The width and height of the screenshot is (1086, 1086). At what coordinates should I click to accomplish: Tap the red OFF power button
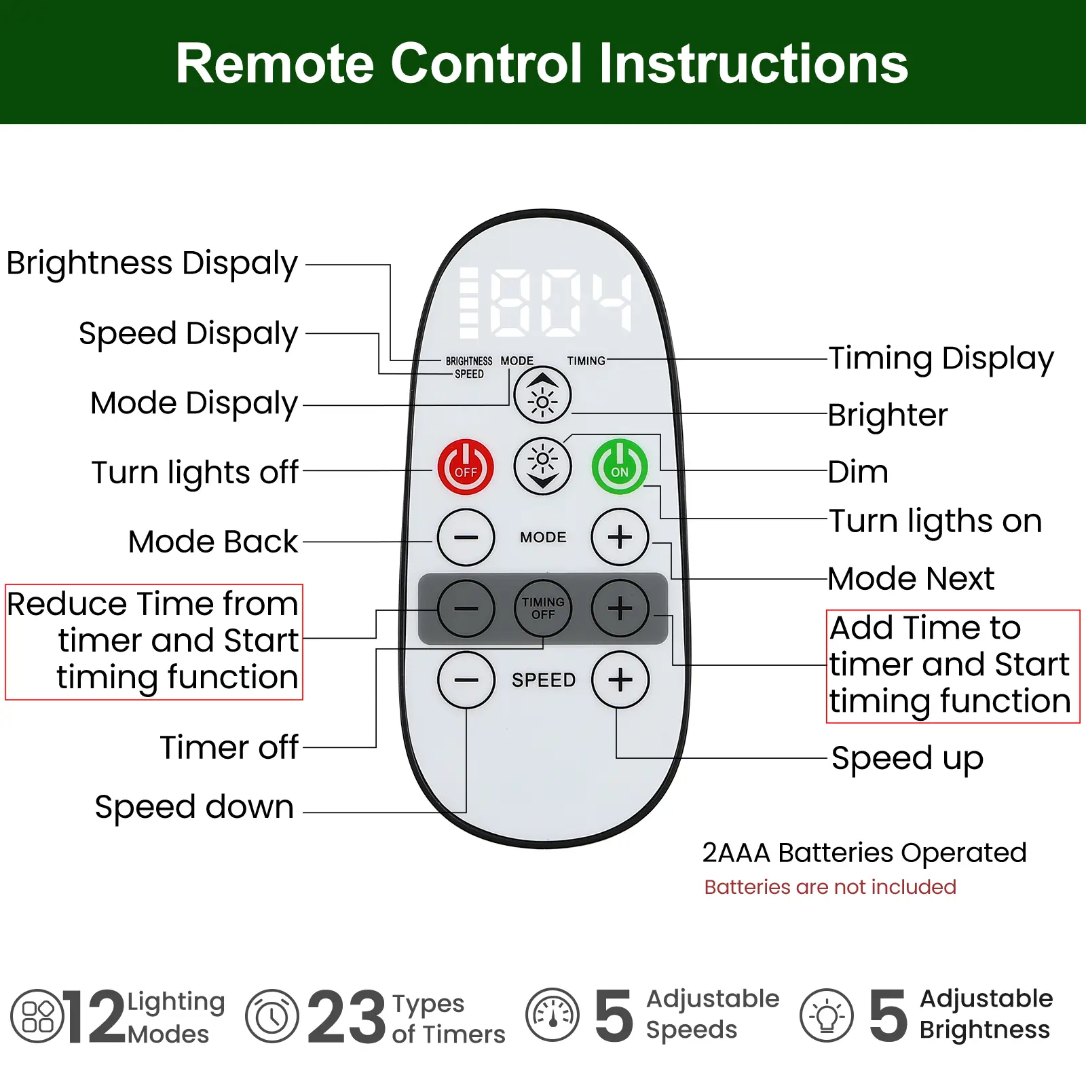click(x=466, y=467)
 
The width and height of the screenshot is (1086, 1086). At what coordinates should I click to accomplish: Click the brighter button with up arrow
click(x=542, y=396)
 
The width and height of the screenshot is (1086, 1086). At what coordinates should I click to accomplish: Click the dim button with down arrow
click(x=542, y=466)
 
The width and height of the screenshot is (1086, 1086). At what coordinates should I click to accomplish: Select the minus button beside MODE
click(x=466, y=537)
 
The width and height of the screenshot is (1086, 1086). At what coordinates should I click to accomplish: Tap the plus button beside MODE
click(x=620, y=537)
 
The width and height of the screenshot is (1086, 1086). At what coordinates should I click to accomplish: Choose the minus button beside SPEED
click(x=466, y=679)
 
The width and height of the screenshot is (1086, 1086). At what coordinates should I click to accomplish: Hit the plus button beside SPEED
click(x=620, y=679)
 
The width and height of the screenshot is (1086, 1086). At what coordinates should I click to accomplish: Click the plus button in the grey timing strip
click(x=620, y=608)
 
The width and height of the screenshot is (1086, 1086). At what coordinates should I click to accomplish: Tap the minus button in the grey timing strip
click(x=466, y=608)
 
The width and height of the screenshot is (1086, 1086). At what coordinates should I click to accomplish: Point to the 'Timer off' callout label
click(x=229, y=747)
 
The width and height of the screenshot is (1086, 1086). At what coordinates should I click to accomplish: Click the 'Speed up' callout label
click(x=907, y=758)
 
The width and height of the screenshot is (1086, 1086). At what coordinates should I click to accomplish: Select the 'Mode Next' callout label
click(x=911, y=579)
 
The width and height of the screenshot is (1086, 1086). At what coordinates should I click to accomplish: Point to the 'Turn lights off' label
click(x=195, y=472)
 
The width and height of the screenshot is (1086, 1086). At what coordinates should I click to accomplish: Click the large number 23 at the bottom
click(x=346, y=1016)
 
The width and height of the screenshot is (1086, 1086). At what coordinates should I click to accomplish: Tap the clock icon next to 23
click(x=272, y=1016)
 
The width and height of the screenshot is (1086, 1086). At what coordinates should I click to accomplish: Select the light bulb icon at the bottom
click(x=826, y=1016)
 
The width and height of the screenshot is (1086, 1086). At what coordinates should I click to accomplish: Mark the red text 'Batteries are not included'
click(x=830, y=887)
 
